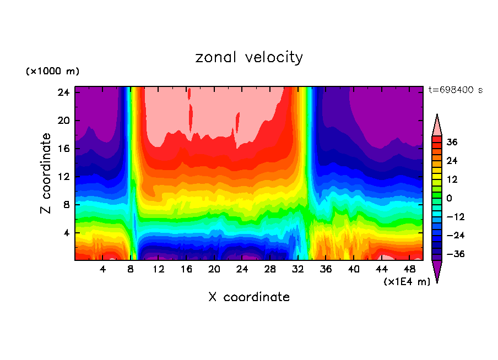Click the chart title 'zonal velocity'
(249, 57)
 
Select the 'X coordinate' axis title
(249, 297)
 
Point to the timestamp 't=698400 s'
(455, 90)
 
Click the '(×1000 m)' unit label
(52, 72)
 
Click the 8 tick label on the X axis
(131, 270)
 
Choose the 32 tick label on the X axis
(298, 270)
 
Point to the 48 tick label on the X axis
(409, 270)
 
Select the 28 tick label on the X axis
(270, 270)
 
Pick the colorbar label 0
(450, 198)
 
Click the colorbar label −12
(455, 217)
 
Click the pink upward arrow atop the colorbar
(437, 125)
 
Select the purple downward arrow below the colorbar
(437, 271)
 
